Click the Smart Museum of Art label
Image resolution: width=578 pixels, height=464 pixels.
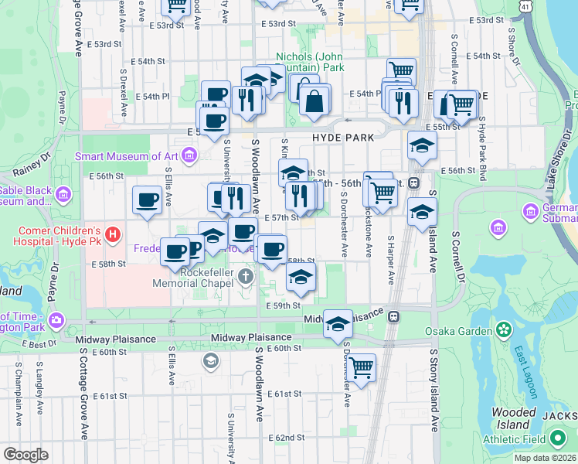[127, 156]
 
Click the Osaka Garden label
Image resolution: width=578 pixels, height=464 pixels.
[459, 331]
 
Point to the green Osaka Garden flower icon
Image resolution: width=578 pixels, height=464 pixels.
[505, 331]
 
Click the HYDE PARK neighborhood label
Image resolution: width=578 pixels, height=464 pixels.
[343, 137]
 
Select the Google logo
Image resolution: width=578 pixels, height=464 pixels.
[25, 455]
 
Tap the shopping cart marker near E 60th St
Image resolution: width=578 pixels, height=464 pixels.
[361, 366]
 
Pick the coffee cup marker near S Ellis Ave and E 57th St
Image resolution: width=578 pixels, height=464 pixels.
[147, 200]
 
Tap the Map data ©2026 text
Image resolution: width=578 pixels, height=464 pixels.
[545, 458]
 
